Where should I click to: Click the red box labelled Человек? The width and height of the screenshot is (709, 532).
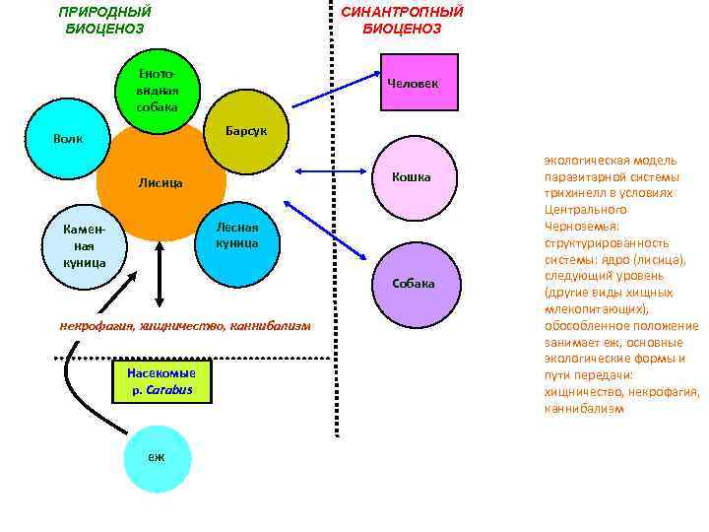(413, 84)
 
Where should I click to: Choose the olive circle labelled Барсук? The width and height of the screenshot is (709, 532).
(237, 132)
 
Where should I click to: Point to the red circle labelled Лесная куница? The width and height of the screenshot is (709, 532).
(236, 234)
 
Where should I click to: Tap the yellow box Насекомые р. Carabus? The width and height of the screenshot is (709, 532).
(161, 382)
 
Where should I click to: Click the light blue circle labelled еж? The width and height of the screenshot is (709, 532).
(158, 457)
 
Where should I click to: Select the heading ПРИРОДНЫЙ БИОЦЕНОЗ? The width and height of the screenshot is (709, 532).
(105, 21)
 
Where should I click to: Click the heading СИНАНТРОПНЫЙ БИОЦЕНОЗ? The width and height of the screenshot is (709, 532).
(402, 21)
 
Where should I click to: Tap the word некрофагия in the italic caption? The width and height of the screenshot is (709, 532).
(95, 325)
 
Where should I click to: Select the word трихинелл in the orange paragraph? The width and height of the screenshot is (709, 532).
(573, 193)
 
